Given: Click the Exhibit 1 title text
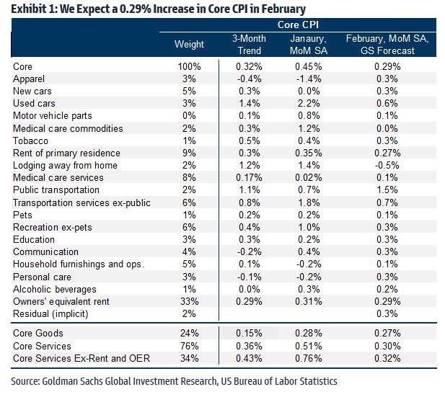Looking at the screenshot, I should click(151, 9).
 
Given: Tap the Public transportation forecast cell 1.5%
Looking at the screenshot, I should click(387, 190).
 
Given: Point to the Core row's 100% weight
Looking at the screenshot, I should click(188, 67).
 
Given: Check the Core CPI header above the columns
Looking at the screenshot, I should click(307, 26).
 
